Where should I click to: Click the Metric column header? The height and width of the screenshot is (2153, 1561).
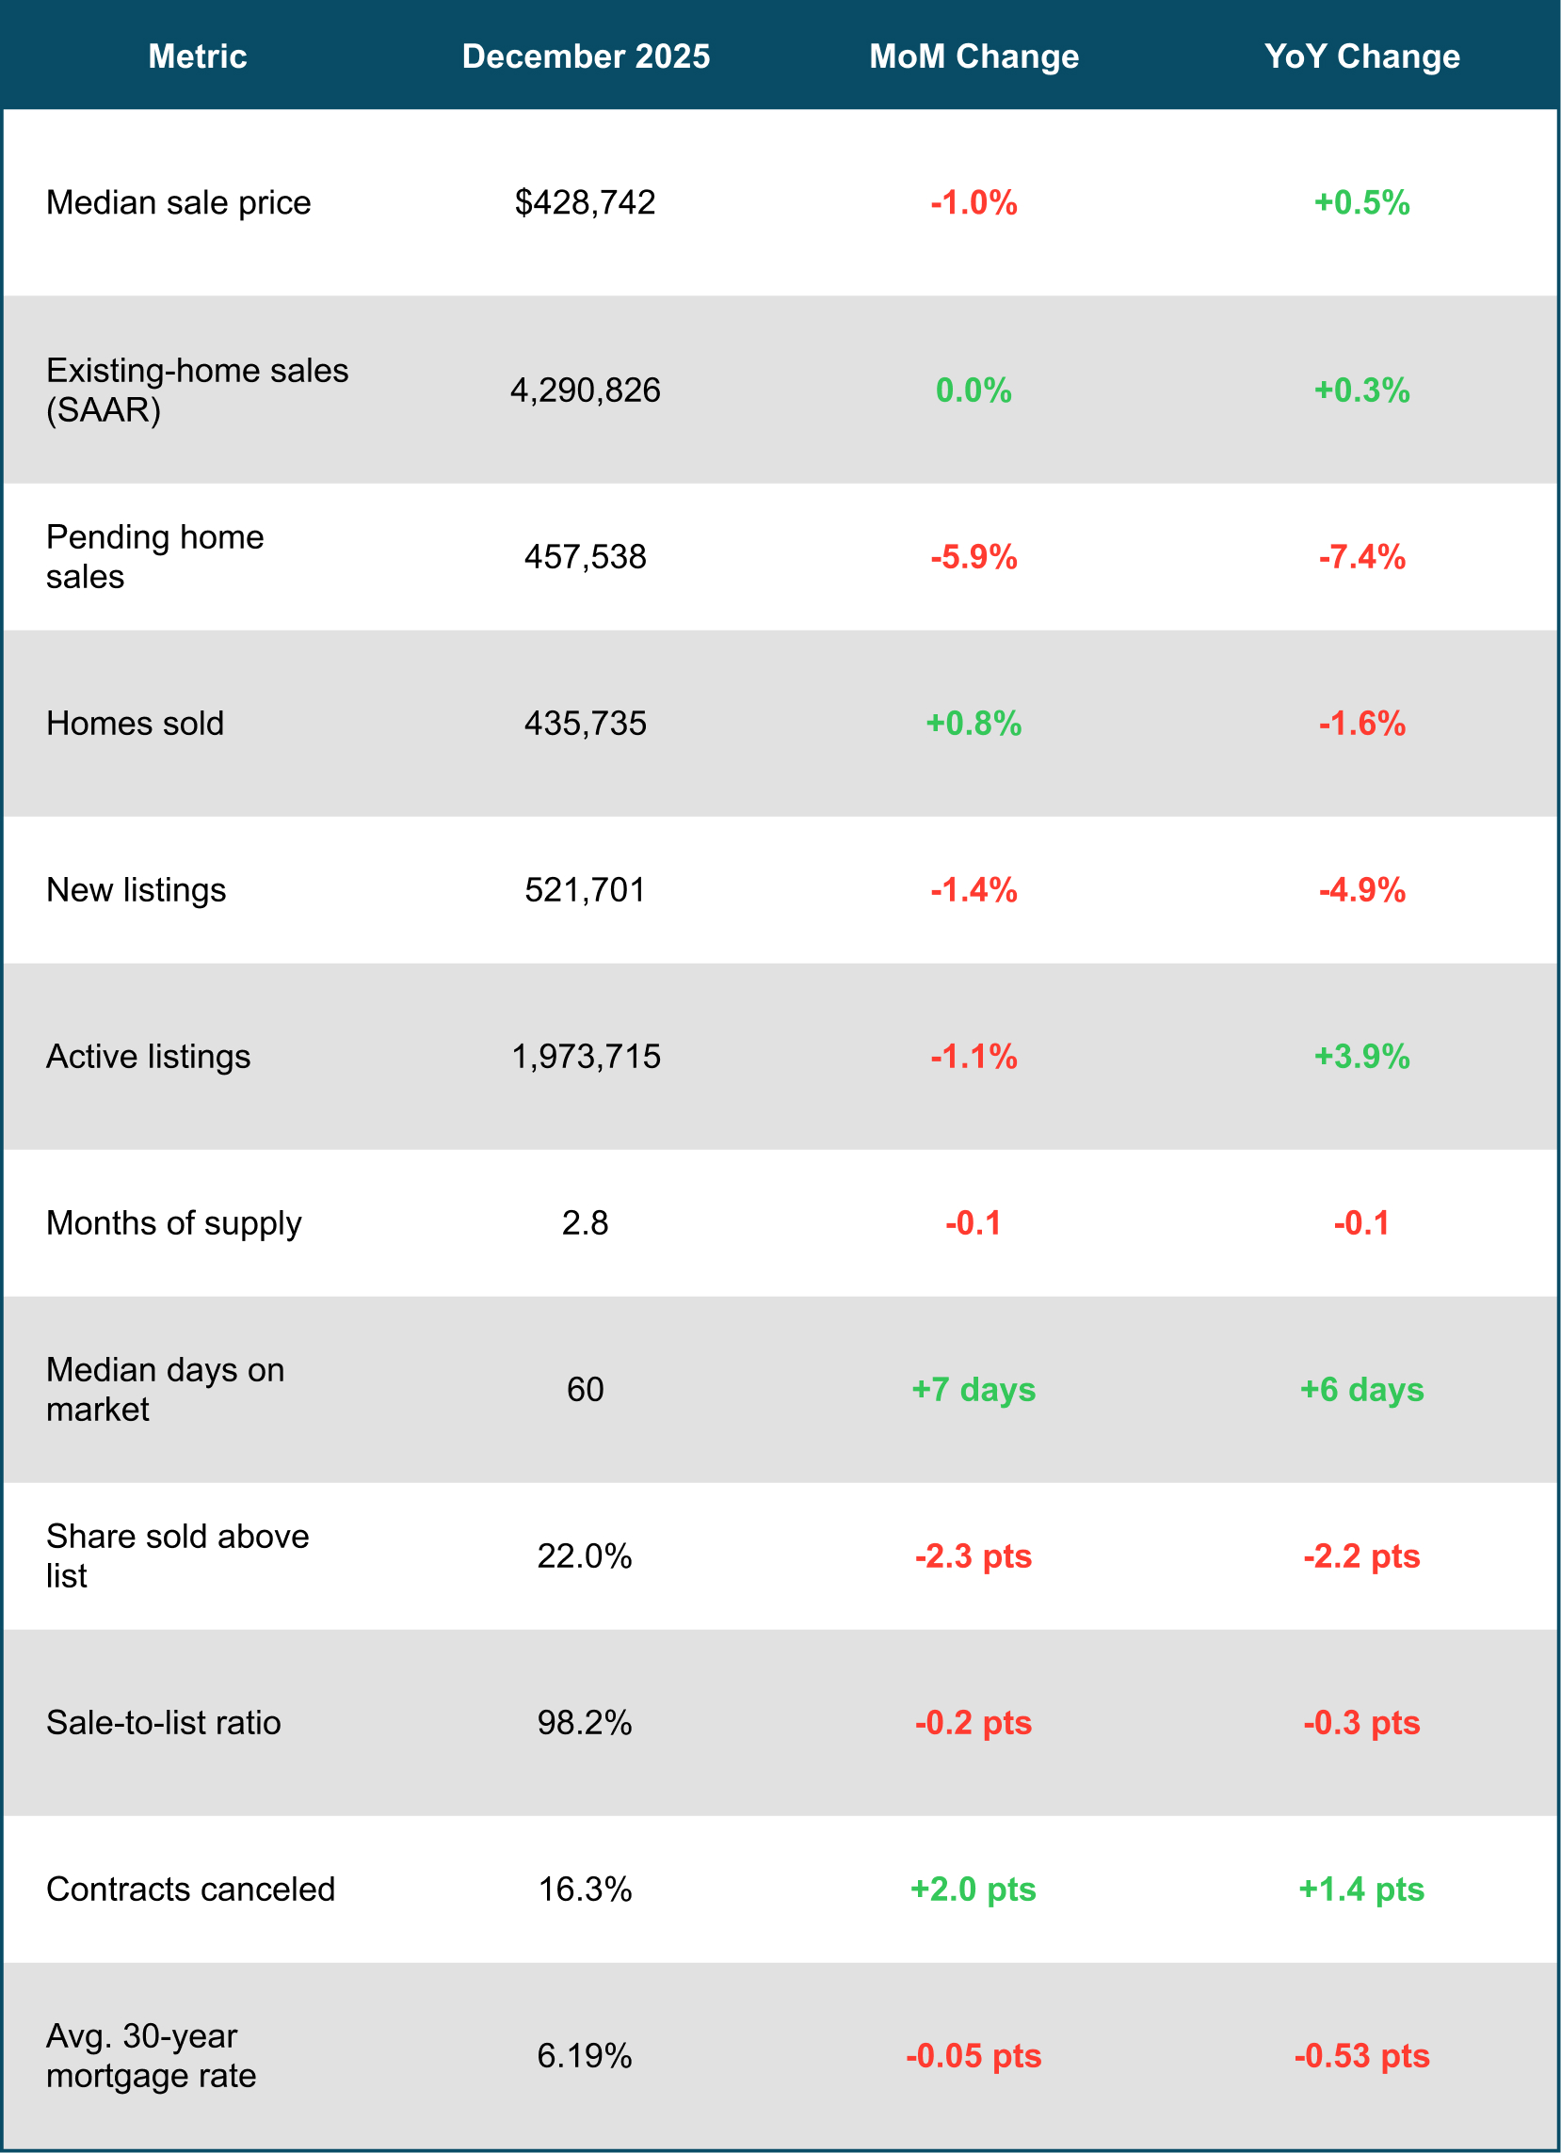coord(198,56)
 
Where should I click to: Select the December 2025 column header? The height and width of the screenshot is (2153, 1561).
coord(586,56)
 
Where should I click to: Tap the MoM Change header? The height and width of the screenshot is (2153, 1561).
coord(974,56)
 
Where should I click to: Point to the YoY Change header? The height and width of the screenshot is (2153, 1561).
coord(1361,56)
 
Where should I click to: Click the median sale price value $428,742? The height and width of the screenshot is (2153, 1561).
coord(585,202)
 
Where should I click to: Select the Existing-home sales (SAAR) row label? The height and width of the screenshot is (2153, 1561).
coord(198,391)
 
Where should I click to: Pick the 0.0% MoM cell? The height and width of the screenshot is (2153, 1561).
coord(974,391)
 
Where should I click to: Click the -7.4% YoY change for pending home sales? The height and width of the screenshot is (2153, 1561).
coord(1361,556)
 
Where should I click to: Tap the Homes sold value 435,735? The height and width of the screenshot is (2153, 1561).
coord(585,724)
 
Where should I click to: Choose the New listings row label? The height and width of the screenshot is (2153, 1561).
coord(136,889)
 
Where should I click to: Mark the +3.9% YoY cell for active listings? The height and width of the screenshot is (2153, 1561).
coord(1361,1057)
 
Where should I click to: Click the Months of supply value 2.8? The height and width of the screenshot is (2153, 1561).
coord(585,1222)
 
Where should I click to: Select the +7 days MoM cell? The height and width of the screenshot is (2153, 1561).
coord(974,1390)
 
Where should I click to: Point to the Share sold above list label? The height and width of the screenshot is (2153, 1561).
coord(178,1555)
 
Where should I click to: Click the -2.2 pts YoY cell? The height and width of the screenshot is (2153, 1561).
coord(1361,1555)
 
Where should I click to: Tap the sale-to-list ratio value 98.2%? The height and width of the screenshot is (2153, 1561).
coord(585,1723)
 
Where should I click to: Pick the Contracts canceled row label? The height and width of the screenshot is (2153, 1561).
coord(190,1890)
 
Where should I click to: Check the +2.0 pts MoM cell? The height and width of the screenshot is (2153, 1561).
coord(974,1890)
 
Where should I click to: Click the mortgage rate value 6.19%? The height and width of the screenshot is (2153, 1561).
coord(585,2056)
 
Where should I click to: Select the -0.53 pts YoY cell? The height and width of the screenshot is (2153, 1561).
coord(1361,2056)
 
